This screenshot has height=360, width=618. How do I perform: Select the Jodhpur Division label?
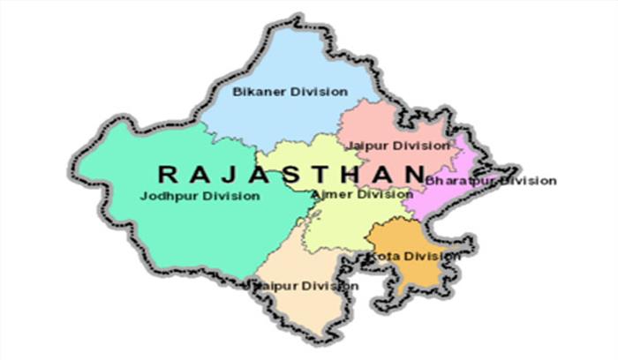pos(200,196)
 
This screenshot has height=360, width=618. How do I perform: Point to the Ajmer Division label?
pos(362,194)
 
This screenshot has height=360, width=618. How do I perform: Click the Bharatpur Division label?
pos(491,181)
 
